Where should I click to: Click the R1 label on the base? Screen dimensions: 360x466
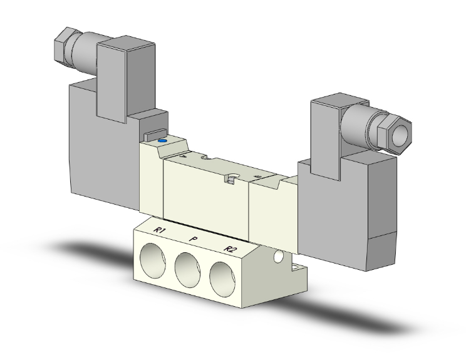point(161,230)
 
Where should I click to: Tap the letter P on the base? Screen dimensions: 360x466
point(194,239)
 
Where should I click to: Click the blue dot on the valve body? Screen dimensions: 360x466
point(163,141)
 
